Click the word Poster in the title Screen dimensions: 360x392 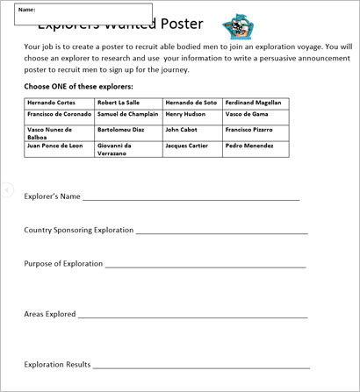(180, 25)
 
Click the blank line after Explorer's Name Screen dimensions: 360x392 (191, 199)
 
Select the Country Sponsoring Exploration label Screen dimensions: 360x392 (79, 230)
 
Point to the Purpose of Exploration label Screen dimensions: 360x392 (64, 263)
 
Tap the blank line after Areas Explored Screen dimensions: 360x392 (192, 316)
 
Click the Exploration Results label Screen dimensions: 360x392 (57, 364)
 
